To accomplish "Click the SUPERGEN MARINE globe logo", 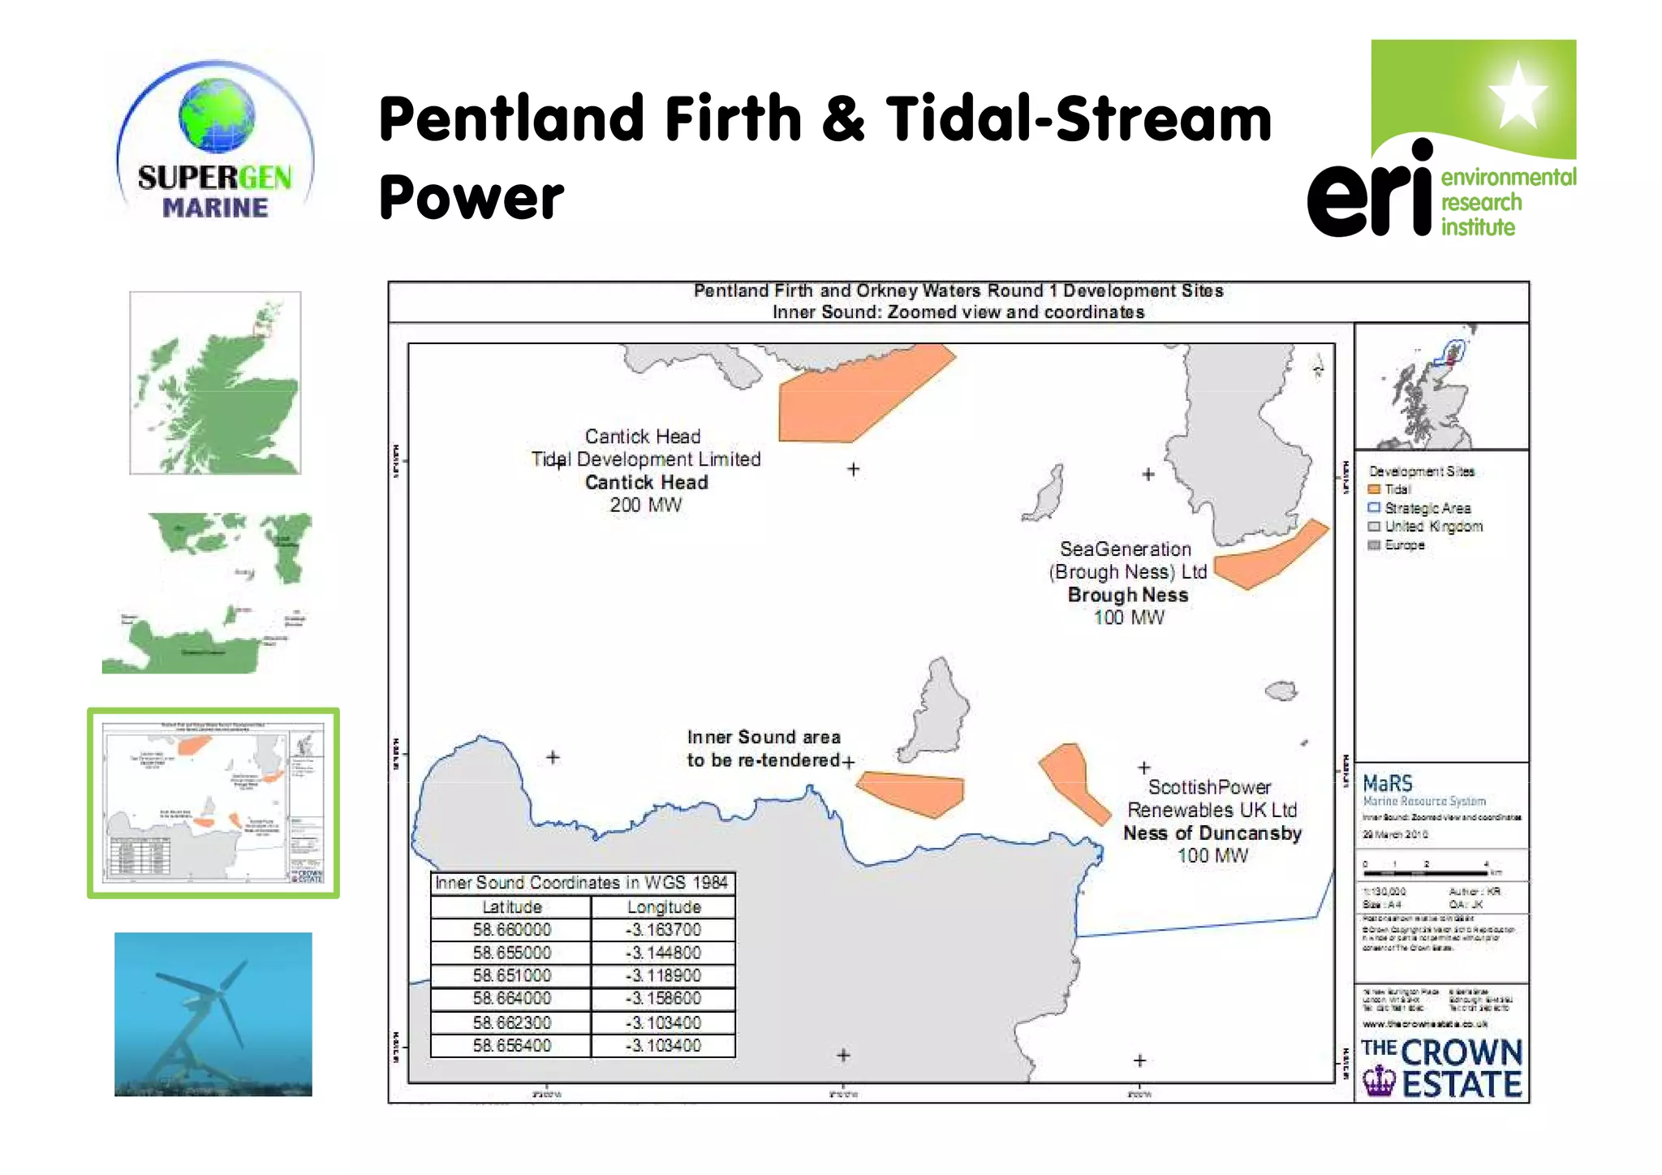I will coord(215,140).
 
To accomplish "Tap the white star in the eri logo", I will coord(1518,95).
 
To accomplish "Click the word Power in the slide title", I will coord(471,197).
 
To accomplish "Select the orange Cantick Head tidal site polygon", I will coord(852,395).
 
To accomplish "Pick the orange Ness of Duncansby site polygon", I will coord(1072,779).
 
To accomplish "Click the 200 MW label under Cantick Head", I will coord(646,505).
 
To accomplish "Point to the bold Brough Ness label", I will coord(1128,595).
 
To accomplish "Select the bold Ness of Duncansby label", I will coord(1212,833).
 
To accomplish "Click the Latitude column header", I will coord(511,906).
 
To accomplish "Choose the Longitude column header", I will coord(663,906).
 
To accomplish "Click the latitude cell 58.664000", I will coord(511,998).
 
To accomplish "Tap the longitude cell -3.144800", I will coord(663,953).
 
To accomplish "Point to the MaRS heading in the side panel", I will coord(1388,783).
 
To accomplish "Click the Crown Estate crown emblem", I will coord(1378,1081).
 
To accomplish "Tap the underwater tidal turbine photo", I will coord(213,1014).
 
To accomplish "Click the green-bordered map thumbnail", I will coord(213,803).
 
